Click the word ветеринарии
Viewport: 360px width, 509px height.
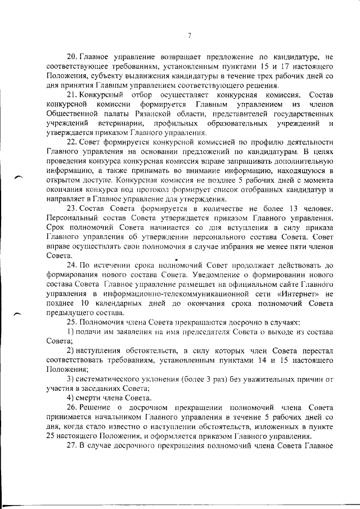pyautogui.click(x=121, y=123)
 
